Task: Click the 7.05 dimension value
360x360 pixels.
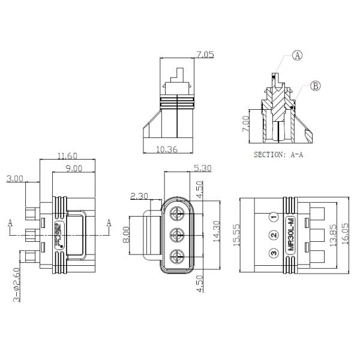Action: (205, 55)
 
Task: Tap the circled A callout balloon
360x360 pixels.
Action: (297, 56)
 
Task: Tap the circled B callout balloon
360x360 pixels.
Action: (316, 86)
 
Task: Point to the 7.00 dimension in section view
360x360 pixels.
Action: (244, 125)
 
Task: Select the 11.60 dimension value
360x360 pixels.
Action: (67, 156)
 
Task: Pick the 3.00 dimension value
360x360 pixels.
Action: (15, 178)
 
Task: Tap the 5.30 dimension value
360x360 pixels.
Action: (202, 169)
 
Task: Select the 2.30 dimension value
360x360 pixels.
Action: (139, 196)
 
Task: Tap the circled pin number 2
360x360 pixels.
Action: (273, 235)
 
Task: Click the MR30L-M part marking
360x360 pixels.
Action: (291, 235)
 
